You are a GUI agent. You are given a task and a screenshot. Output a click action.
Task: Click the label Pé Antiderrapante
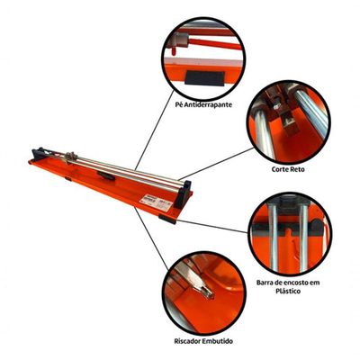pyautogui.click(x=204, y=105)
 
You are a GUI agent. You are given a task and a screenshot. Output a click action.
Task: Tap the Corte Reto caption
pyautogui.click(x=288, y=169)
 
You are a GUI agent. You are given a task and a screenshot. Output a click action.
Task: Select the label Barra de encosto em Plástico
pyautogui.click(x=288, y=287)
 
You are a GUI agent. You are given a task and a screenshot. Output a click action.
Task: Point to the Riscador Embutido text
pyautogui.click(x=203, y=341)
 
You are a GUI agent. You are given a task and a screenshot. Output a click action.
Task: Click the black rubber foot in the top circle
pyautogui.click(x=204, y=78)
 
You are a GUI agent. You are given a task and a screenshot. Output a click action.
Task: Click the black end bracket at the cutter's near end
pyautogui.click(x=183, y=193)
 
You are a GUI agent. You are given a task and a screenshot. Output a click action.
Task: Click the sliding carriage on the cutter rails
pyautogui.click(x=71, y=157)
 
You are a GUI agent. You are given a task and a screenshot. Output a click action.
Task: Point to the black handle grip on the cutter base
pyautogui.click(x=106, y=176)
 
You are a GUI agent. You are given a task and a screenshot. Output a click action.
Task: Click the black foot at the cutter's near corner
pyautogui.click(x=167, y=219)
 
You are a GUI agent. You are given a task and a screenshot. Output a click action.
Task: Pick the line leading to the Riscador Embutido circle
pyautogui.click(x=150, y=238)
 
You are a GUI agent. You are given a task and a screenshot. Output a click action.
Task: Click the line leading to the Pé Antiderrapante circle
pyautogui.click(x=154, y=130)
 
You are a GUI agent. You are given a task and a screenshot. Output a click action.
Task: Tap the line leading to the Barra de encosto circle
pyautogui.click(x=213, y=227)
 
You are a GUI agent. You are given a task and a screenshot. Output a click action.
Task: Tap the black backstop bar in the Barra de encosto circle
pyautogui.click(x=288, y=229)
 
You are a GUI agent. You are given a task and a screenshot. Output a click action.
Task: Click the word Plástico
pyautogui.click(x=288, y=291)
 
